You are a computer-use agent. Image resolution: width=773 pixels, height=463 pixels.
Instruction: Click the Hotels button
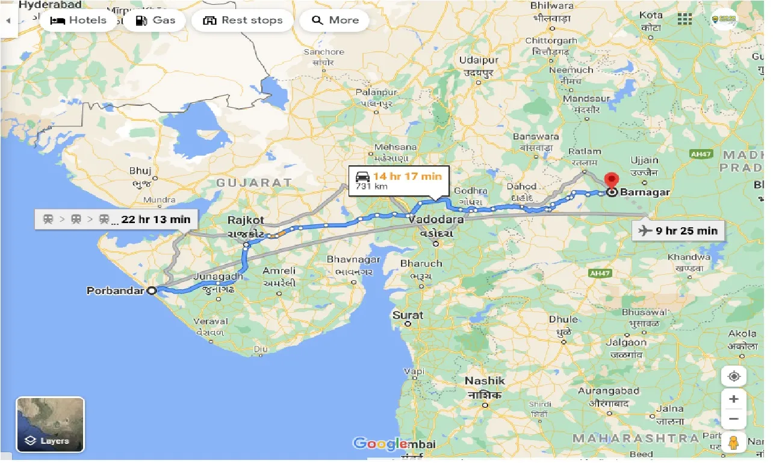pos(78,20)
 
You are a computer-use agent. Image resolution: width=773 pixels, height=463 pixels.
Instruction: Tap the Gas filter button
pos(155,20)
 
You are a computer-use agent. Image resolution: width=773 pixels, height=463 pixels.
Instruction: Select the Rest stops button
pos(243,20)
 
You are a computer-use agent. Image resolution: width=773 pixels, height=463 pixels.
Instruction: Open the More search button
pos(335,20)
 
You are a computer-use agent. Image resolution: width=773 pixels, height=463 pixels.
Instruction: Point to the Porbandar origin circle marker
pos(152,290)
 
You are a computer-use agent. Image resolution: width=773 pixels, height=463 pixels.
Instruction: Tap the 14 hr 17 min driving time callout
pos(399,180)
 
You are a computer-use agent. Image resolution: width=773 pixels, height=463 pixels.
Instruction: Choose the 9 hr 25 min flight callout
pos(678,230)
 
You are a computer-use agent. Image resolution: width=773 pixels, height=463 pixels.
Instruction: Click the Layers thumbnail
pos(51,424)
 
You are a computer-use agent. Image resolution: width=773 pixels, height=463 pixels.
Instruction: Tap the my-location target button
pos(733,377)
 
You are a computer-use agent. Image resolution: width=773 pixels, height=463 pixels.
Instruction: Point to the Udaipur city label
pos(479,60)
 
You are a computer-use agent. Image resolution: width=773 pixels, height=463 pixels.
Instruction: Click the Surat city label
pos(408,315)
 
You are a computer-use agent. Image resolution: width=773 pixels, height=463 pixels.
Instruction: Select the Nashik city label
pos(485,381)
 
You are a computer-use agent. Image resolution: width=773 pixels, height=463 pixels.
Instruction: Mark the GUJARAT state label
pos(254,182)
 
